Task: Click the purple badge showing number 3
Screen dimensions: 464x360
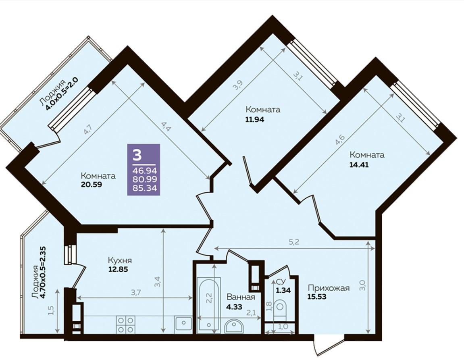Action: coord(144,170)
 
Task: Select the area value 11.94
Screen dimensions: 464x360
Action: coord(254,119)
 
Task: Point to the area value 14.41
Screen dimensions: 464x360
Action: coord(359,165)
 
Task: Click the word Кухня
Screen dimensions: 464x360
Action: coord(120,260)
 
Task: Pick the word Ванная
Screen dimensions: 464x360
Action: coord(241,297)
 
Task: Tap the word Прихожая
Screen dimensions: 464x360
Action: coord(329,288)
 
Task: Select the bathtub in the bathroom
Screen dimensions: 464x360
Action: coord(209,304)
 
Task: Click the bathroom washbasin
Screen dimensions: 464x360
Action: coord(234,327)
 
